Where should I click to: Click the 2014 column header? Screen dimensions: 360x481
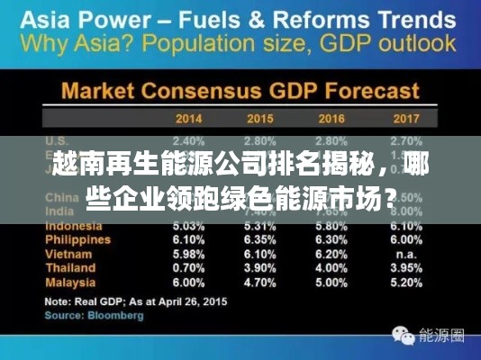click(x=188, y=118)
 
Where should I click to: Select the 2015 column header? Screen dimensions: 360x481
click(x=259, y=118)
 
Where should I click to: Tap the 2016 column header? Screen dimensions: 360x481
click(x=332, y=118)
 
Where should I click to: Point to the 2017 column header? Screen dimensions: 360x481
click(x=407, y=118)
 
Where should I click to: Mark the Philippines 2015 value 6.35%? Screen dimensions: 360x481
click(x=259, y=240)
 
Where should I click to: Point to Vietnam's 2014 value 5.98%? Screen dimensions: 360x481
click(x=188, y=255)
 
